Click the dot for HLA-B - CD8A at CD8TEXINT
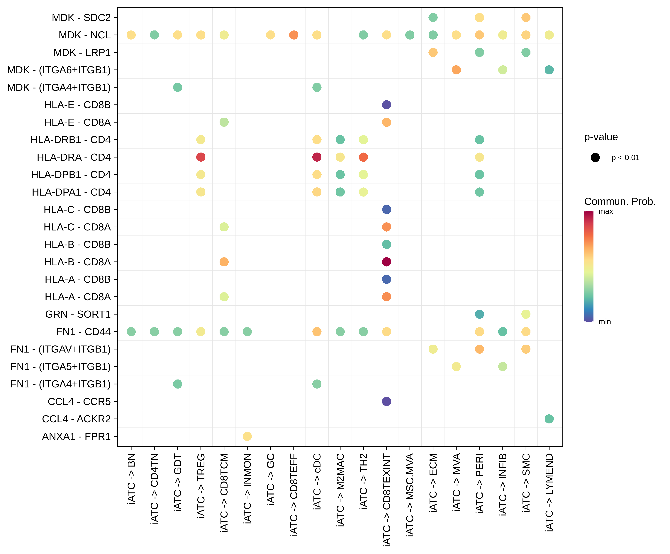pos(386,262)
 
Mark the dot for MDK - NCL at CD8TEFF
pos(294,35)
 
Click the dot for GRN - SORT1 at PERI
pos(479,314)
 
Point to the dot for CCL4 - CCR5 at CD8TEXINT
pos(386,401)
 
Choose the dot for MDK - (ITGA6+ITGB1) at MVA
pos(456,70)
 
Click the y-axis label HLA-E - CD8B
pos(77,105)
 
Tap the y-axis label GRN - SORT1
pos(78,314)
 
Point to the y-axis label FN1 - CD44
pos(83,332)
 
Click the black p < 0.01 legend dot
pos(595,158)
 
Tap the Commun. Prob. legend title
pos(620,201)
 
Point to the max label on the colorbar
pos(605,211)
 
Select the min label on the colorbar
pos(605,322)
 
